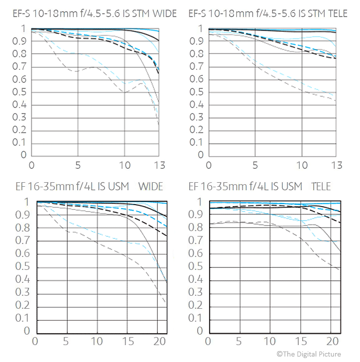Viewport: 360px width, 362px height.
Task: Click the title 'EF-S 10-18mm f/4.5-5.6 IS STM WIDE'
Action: point(95,13)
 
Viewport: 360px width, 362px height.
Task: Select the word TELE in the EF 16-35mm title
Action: point(321,186)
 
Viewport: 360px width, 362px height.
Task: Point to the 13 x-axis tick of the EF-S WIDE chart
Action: point(159,165)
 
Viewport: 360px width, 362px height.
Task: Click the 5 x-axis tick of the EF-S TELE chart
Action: point(255,165)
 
